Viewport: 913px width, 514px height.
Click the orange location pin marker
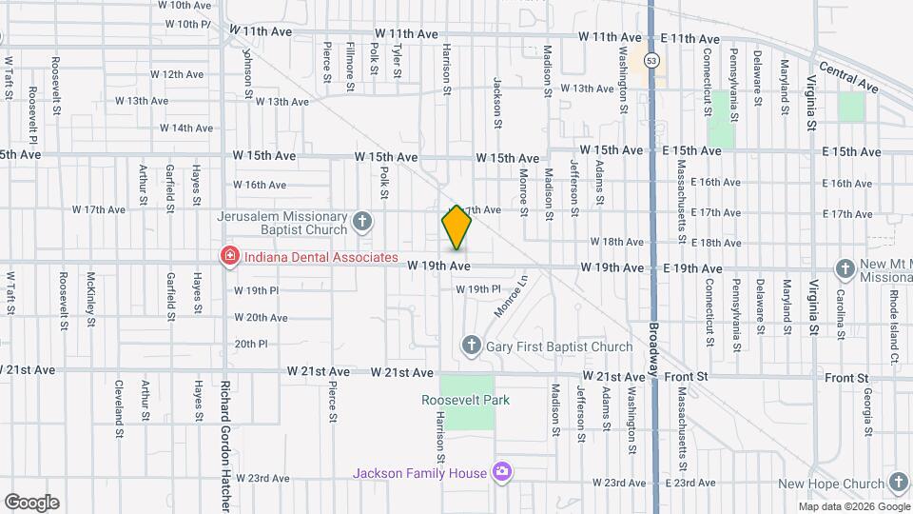[456, 228]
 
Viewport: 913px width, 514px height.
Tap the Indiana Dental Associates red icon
[228, 257]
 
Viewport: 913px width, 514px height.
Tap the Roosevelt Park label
[466, 400]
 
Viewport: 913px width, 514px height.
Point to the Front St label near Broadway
[691, 377]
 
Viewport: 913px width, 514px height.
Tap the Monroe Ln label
[510, 295]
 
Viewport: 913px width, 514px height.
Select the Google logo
[31, 503]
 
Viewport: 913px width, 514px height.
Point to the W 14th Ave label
[185, 128]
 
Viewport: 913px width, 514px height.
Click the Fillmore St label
[351, 59]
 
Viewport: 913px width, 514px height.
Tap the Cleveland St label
[119, 402]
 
